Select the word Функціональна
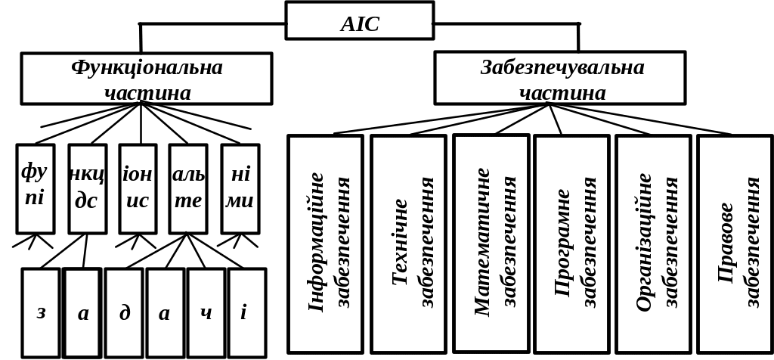point(147,67)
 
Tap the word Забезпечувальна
point(563,67)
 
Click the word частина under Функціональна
point(147,92)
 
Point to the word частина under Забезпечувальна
point(563,92)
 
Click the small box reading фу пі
point(36,188)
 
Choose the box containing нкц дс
point(87,188)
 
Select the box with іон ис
point(138,188)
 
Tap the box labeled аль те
point(188,188)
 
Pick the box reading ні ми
point(240,188)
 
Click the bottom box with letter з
point(41,312)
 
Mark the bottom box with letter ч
point(206,312)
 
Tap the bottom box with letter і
point(247,312)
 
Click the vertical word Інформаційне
point(316,242)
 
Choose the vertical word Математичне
point(482,242)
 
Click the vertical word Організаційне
point(645,242)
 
